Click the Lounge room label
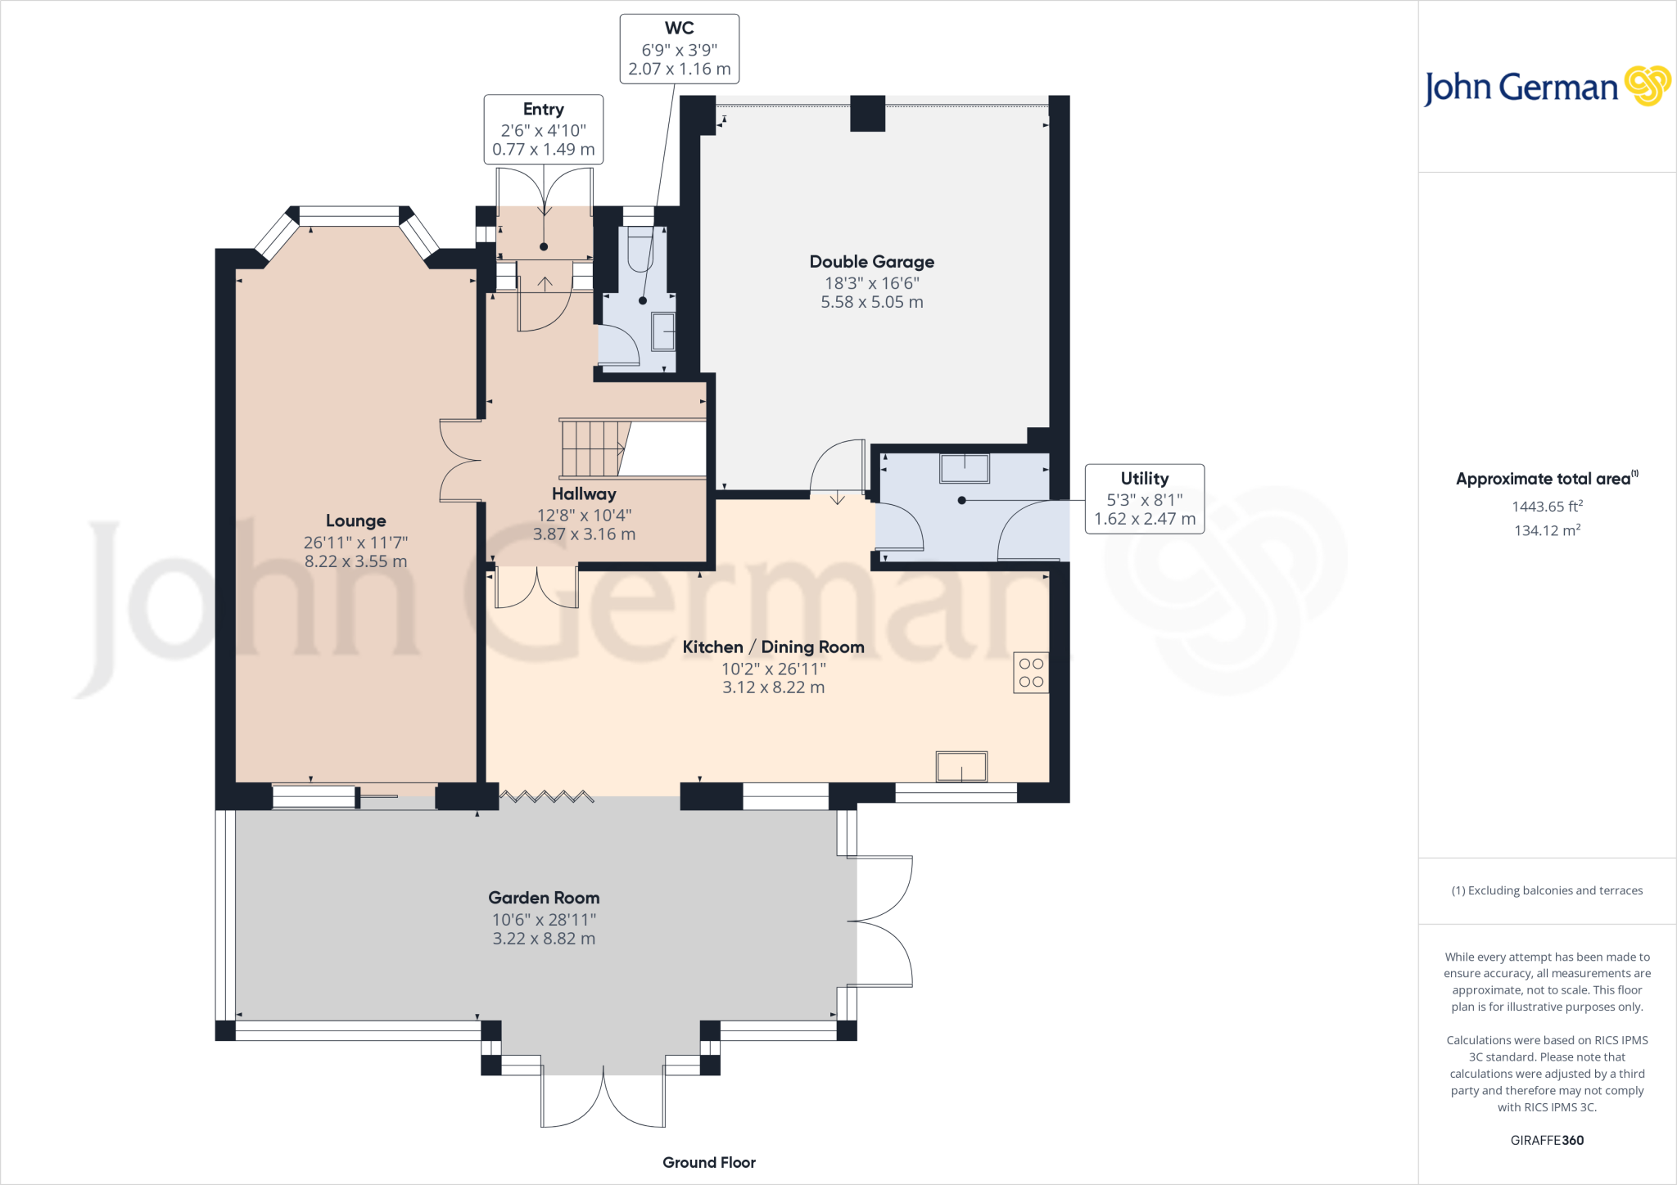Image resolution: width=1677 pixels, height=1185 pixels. click(355, 521)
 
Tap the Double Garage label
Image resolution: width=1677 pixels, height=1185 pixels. click(872, 262)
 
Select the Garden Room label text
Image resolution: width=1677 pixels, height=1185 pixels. click(544, 898)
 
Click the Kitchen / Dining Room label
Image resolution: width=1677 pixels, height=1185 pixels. click(774, 647)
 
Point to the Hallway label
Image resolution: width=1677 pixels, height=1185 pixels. click(584, 494)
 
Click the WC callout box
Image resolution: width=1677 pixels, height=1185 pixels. click(680, 49)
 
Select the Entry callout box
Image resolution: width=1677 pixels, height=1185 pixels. click(544, 129)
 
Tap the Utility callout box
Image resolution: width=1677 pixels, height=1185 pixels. click(1145, 499)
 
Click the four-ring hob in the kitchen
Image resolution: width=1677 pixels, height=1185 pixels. click(1031, 673)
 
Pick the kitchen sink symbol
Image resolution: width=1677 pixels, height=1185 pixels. click(962, 767)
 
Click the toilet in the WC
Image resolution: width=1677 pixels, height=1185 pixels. click(640, 248)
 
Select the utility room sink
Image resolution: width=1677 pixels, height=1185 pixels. click(965, 468)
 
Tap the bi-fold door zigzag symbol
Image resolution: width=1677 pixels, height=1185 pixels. click(546, 795)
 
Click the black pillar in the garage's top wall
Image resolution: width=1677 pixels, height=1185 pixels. click(868, 114)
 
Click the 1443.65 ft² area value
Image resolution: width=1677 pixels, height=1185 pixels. click(1548, 507)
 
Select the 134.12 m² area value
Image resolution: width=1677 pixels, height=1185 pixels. click(1548, 530)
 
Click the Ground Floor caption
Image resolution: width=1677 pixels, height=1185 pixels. click(709, 1163)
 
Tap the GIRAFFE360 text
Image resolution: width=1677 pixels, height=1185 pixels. click(1548, 1140)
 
